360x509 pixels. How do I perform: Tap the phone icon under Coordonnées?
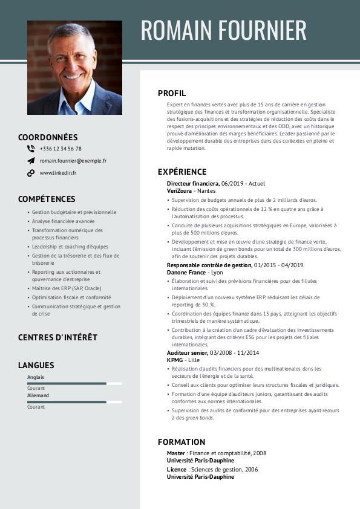[31, 148]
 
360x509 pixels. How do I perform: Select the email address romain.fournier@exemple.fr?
[73, 161]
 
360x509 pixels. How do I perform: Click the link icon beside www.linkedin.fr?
[31, 173]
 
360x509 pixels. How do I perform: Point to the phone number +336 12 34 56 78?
[61, 148]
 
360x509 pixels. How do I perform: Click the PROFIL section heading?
[172, 93]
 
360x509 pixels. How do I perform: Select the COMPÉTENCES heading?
[47, 199]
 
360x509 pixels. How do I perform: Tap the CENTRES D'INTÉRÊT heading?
[57, 337]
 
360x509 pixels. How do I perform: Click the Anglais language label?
[36, 377]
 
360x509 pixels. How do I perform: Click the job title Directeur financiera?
[192, 183]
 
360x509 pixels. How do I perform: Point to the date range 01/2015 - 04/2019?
[279, 265]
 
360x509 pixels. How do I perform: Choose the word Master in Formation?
[176, 453]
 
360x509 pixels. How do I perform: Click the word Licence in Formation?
[177, 469]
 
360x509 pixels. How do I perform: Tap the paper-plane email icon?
[31, 161]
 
